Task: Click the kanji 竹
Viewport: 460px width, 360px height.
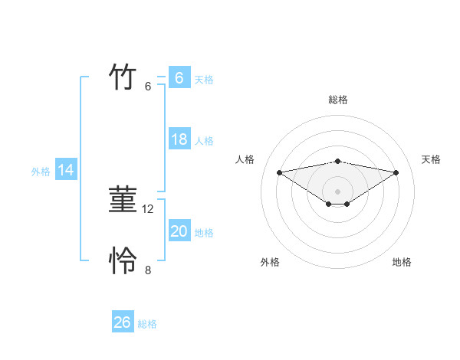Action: [x=123, y=77]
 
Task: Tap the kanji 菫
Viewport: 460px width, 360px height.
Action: [x=123, y=200]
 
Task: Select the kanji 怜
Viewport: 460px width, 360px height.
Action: [x=123, y=261]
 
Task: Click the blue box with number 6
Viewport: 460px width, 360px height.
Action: [x=179, y=78]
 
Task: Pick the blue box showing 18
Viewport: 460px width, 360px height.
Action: [x=179, y=139]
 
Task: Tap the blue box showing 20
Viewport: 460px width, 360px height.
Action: [x=179, y=231]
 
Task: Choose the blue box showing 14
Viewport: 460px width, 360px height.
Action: [x=66, y=170]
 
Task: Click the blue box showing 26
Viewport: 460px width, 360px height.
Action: [x=123, y=322]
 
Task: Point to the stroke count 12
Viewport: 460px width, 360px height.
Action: [x=149, y=208]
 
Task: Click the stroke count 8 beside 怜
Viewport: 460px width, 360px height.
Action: [x=148, y=270]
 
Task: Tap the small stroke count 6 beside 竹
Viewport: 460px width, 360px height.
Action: [x=148, y=87]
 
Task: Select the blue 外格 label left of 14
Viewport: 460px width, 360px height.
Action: [x=41, y=172]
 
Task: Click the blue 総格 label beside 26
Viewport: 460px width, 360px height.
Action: [x=147, y=324]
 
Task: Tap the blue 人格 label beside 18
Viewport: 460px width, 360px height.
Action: [x=204, y=141]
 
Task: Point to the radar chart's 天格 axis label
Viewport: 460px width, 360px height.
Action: [x=431, y=159]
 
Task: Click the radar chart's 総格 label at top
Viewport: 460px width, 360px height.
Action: [x=338, y=100]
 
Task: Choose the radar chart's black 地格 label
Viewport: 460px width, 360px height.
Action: [x=402, y=262]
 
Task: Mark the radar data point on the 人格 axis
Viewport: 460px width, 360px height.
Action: [x=279, y=172]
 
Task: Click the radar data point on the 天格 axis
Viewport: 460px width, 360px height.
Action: [x=396, y=172]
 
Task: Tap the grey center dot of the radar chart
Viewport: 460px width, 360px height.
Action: [x=337, y=191]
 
